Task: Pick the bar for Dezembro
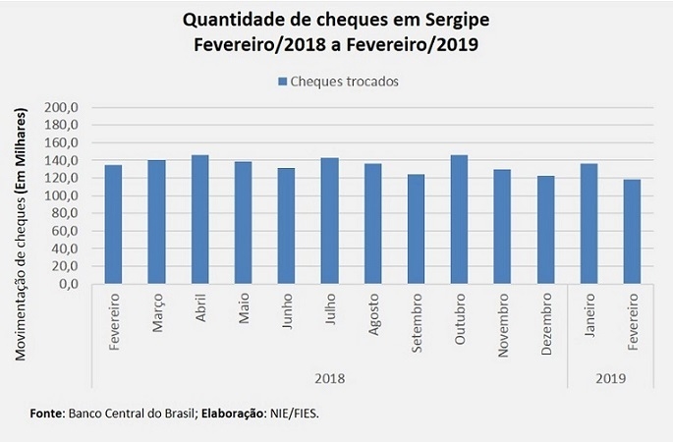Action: [x=545, y=230]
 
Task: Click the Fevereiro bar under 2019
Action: [x=632, y=232]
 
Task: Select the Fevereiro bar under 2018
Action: [x=113, y=225]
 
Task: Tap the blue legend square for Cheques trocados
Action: [x=282, y=82]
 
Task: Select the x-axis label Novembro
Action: [x=502, y=324]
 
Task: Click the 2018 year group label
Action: [x=329, y=377]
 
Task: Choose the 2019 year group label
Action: [x=610, y=377]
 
